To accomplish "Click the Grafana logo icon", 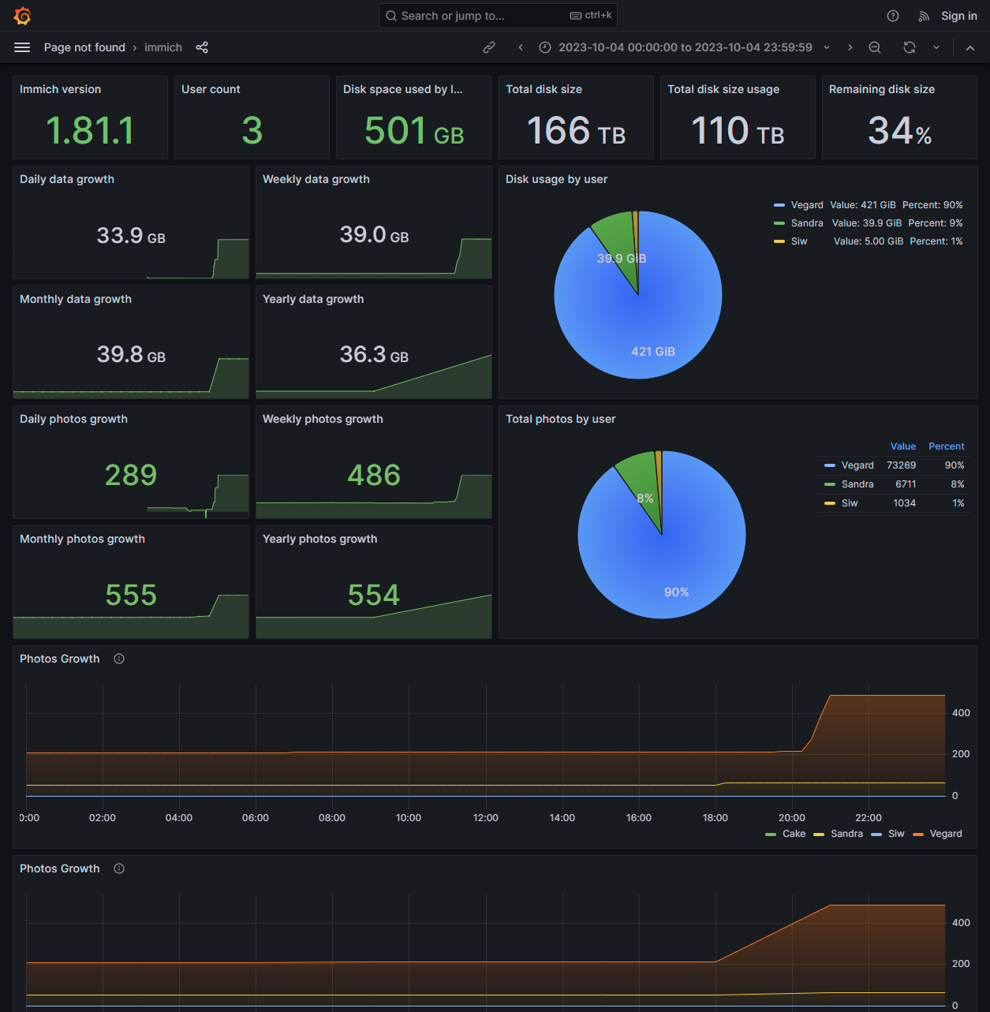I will click(22, 16).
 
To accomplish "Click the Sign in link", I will click(958, 16).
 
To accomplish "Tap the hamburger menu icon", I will click(22, 47).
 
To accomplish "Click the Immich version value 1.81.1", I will click(90, 131).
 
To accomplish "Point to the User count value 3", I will click(252, 131).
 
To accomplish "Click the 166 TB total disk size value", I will click(576, 131).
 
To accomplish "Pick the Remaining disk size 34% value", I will click(899, 131).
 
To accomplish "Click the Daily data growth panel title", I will click(67, 179).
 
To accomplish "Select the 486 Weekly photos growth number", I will click(374, 475).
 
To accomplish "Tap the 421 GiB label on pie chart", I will click(653, 352).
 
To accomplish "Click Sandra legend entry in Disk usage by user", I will click(807, 223).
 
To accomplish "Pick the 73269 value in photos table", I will click(901, 465).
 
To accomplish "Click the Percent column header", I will click(946, 446).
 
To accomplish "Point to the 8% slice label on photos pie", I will click(645, 499).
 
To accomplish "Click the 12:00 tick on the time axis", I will click(486, 818).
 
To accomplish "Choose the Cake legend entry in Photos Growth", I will click(794, 834).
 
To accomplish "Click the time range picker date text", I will click(685, 47).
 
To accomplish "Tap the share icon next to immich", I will click(202, 47).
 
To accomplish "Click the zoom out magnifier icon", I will click(875, 47).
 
